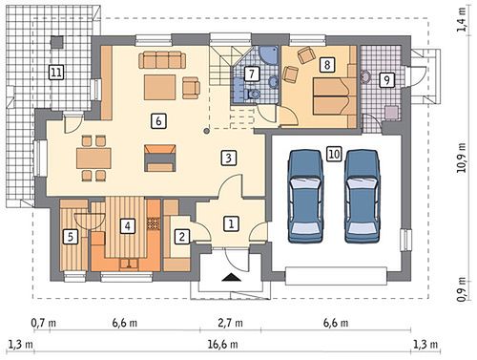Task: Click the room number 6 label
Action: point(158,121)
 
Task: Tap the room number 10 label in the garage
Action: point(334,154)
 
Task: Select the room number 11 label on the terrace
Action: point(56,73)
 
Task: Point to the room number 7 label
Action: point(252,74)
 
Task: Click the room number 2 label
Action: point(182,237)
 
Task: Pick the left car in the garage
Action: point(305,197)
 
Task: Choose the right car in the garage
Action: point(363,197)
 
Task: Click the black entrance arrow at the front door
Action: point(231,278)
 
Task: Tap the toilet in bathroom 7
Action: point(254,94)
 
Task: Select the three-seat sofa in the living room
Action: point(162,59)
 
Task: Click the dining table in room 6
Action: point(93,159)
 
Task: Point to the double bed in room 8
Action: point(334,95)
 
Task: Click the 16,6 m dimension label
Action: point(222,344)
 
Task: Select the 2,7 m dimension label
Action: point(230,323)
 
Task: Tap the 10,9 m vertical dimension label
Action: point(462,158)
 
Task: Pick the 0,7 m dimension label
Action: point(44,323)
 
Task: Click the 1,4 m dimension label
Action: point(462,20)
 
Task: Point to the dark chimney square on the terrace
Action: point(57,42)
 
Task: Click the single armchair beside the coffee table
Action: point(191,88)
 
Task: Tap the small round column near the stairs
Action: point(207,130)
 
